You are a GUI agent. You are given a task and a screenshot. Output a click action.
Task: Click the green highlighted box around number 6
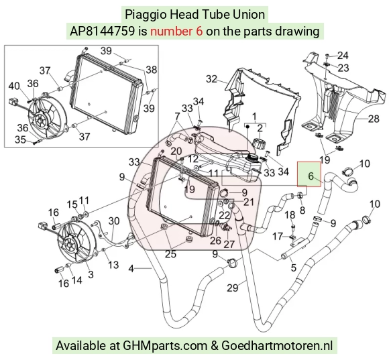coord(309,174)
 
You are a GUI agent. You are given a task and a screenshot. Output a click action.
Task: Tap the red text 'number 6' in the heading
coord(176,32)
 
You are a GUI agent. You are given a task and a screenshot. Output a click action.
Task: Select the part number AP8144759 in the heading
coord(102,32)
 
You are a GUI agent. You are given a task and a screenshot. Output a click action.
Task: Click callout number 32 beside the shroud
coord(211,79)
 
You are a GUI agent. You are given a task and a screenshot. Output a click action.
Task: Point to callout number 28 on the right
coord(374,119)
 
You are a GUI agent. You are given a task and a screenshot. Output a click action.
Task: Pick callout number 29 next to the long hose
coord(233,288)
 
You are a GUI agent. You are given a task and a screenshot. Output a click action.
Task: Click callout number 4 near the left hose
coord(131,269)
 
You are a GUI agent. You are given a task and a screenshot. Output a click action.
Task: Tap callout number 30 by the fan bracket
coord(114,221)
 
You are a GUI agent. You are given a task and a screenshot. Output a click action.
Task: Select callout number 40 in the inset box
coord(14,86)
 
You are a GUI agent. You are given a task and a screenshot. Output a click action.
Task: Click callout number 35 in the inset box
coord(20,139)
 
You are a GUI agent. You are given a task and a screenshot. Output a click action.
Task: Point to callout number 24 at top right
coord(343,56)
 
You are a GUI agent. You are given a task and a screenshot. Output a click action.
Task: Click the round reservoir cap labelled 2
coord(259,143)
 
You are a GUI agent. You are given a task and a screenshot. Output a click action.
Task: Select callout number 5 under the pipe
coord(294,267)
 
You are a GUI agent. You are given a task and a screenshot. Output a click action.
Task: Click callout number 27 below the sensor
coord(229,244)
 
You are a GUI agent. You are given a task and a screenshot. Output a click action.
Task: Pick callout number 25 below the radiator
coord(170,254)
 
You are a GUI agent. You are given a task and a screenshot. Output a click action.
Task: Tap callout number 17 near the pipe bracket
coord(278,236)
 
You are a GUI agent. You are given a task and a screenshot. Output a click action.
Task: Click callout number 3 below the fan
coord(91,274)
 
